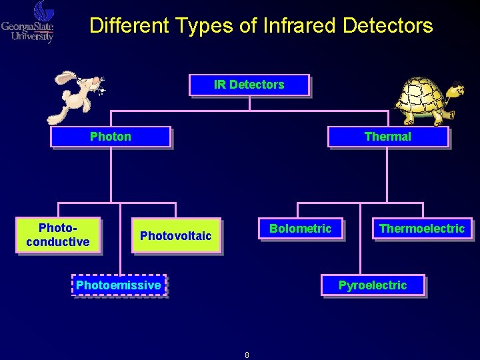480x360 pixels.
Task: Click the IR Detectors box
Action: tap(249, 85)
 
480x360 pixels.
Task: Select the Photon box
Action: tap(111, 137)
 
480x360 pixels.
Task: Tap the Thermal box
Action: tap(387, 137)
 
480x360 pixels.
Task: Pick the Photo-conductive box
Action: tap(58, 235)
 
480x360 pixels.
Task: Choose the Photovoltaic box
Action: tap(175, 235)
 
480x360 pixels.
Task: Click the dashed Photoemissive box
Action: tap(119, 285)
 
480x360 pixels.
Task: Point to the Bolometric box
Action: tap(300, 229)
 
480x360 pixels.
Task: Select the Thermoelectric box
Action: tap(421, 229)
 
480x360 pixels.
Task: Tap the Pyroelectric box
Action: tap(372, 285)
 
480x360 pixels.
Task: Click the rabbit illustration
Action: tap(75, 95)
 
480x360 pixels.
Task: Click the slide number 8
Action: tap(247, 355)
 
